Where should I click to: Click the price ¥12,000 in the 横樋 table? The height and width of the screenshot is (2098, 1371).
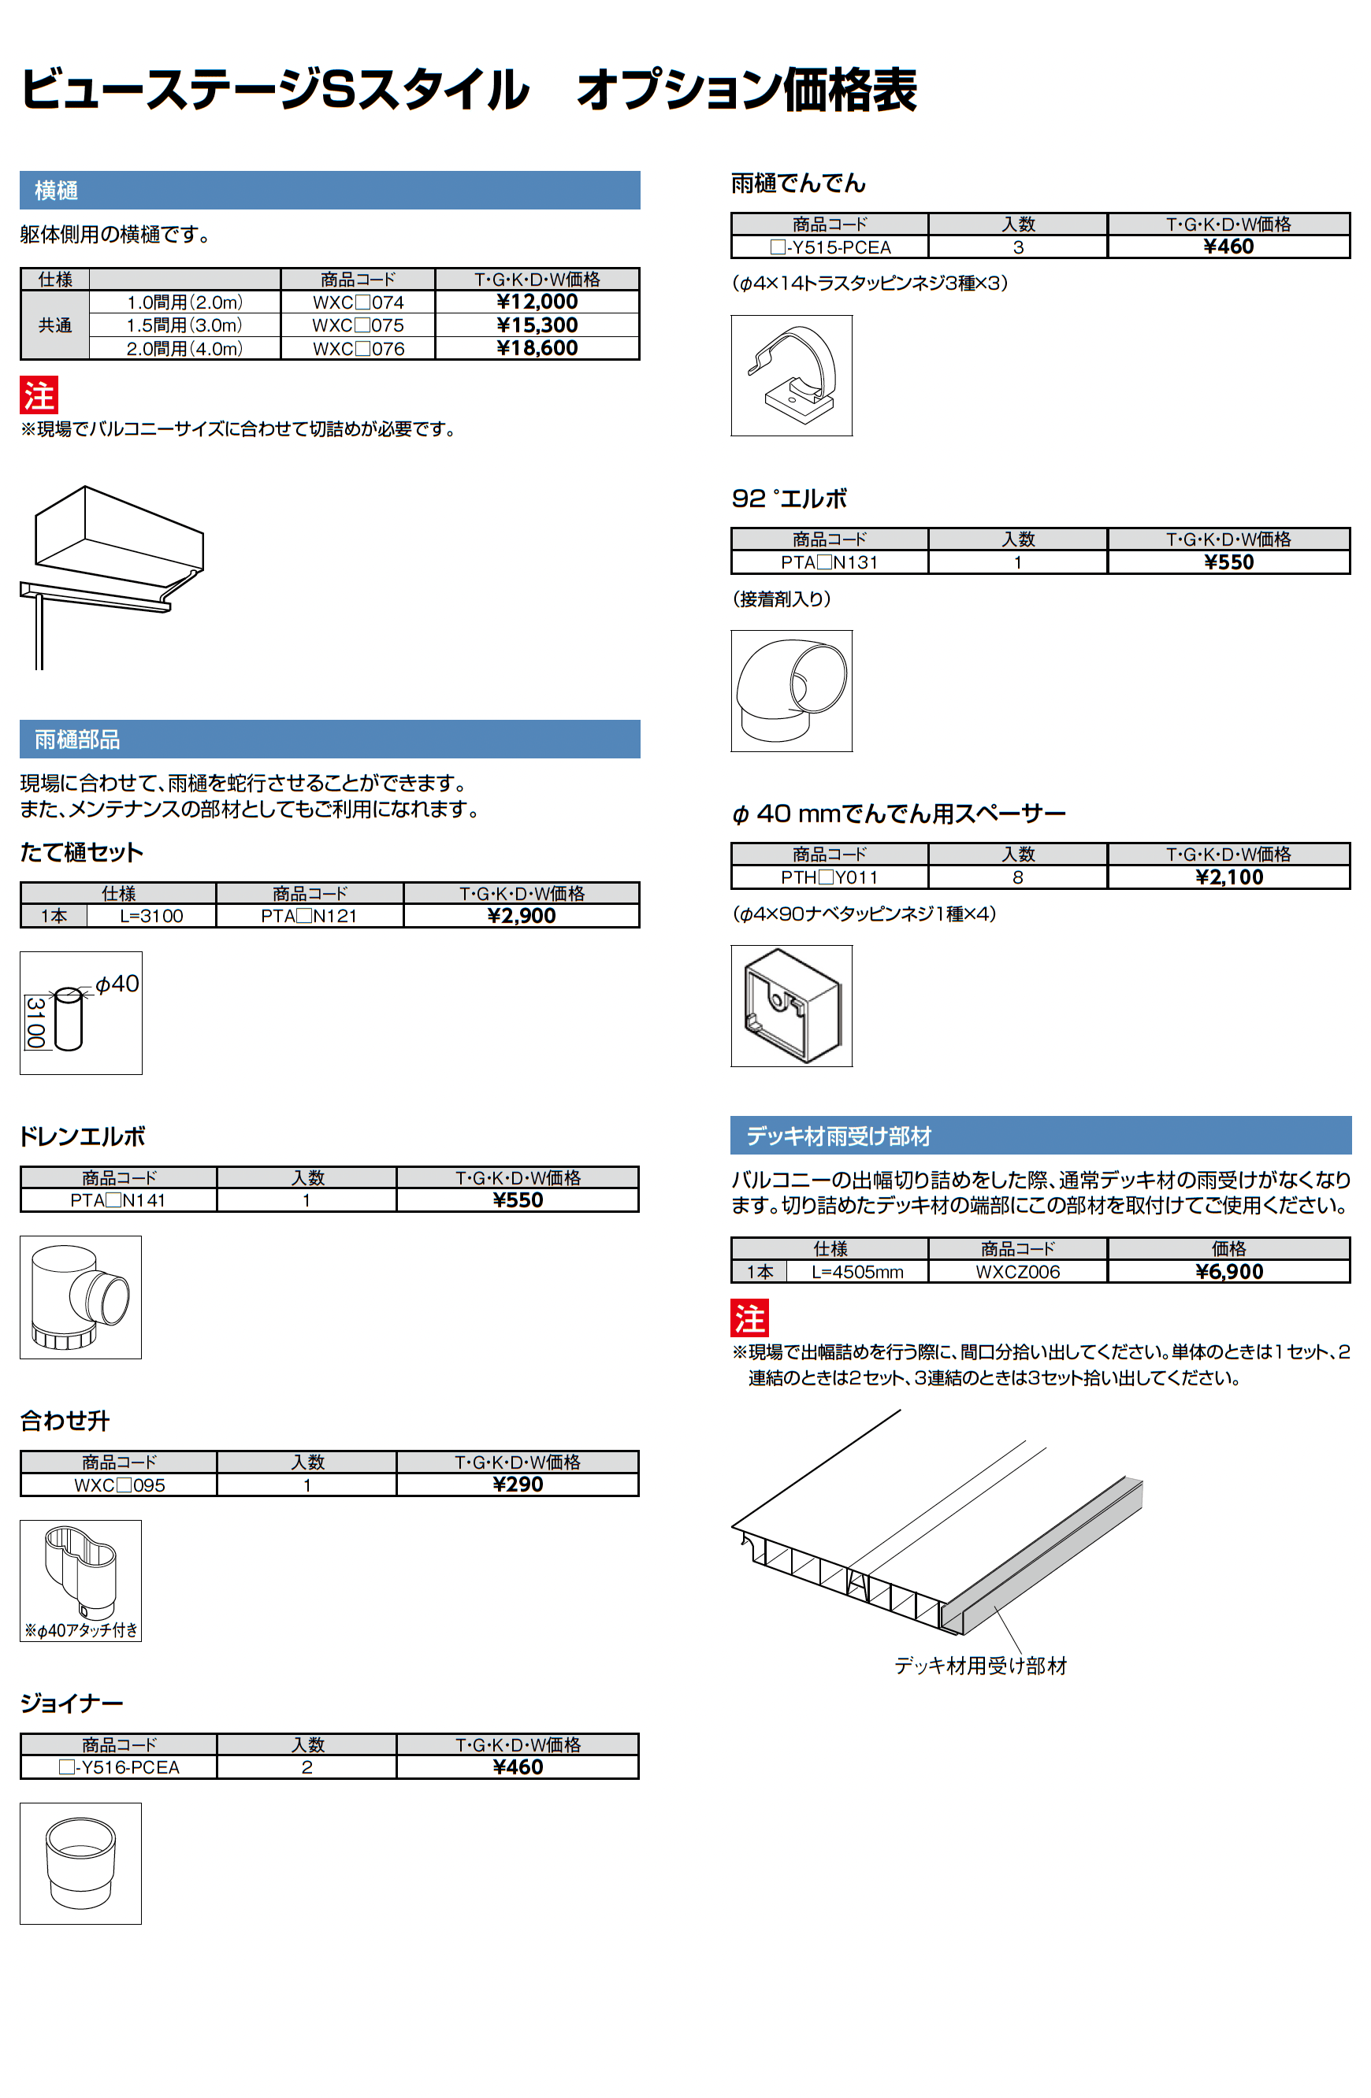pos(536,302)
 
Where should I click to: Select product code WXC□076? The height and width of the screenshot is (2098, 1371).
pos(358,348)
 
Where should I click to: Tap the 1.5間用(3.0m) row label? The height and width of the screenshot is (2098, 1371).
pos(184,325)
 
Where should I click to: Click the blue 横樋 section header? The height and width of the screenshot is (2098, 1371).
pos(329,191)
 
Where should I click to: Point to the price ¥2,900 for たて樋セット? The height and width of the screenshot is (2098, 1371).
pos(521,916)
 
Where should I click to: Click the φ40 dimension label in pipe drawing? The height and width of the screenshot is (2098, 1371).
pos(117,984)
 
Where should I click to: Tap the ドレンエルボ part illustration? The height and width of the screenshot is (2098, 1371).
pos(80,1297)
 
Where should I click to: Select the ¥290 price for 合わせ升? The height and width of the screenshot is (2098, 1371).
pos(518,1485)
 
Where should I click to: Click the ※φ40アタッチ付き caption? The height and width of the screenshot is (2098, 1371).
pos(80,1630)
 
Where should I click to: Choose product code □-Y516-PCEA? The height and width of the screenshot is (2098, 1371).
pos(118,1767)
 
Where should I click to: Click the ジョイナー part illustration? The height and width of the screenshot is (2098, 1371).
pos(80,1863)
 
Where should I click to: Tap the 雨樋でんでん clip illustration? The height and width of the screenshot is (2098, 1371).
pos(791,376)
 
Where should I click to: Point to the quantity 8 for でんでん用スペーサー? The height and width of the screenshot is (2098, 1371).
pos(1017,877)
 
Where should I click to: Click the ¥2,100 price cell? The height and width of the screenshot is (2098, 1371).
pos(1228,877)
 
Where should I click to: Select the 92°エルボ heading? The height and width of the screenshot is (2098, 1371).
pos(789,499)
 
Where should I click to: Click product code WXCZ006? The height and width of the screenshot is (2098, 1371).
pos(1017,1272)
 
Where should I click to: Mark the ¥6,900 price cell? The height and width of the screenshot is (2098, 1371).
pos(1228,1272)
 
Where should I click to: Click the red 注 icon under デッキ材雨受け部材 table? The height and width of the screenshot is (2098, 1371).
pos(749,1318)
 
